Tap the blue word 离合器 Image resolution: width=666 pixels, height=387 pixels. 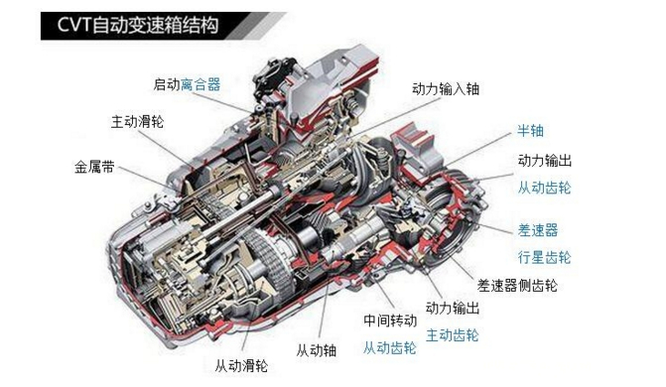point(200,85)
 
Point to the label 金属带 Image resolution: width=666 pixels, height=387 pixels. point(94,166)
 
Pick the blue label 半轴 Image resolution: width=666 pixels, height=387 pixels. point(529,130)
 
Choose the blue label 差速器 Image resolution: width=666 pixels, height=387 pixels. point(537,229)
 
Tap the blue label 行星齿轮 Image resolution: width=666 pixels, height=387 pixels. point(544,257)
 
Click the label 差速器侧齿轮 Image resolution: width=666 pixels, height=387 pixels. point(516,286)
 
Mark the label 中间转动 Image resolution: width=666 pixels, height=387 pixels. point(389,321)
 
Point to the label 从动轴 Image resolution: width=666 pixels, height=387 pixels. point(315,350)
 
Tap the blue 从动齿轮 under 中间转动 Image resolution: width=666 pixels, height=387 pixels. point(389,347)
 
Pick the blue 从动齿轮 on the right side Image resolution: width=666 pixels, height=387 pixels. point(544,187)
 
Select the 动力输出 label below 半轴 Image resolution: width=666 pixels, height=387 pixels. point(544,160)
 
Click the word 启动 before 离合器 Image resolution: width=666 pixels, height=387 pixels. point(166,85)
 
